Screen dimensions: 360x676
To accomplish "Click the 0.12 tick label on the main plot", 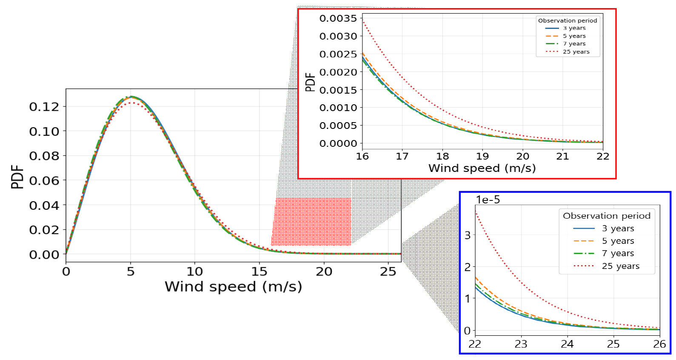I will point(44,107).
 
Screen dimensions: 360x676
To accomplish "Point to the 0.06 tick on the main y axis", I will point(44,181).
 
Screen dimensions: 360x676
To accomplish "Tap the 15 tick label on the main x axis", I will point(259,271).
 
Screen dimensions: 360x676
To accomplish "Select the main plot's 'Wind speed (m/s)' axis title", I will point(233,287).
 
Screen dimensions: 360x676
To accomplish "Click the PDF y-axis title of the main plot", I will point(17,177).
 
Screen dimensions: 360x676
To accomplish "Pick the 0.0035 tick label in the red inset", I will point(338,18).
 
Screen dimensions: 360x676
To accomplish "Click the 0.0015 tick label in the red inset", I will point(338,90).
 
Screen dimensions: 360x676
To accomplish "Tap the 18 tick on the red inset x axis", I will point(442,156).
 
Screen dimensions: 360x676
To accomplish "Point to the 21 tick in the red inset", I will point(562,156).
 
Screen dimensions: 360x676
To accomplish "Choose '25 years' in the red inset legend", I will point(576,52).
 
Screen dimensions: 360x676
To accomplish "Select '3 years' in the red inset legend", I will point(574,28).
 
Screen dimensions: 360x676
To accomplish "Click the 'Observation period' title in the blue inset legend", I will point(607,216).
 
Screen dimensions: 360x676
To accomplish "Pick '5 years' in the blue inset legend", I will point(618,241).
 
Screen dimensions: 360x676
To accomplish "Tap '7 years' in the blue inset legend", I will point(618,253).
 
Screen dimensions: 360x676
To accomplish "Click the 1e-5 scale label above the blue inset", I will point(488,200).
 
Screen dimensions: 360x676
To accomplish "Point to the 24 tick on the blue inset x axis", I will point(567,344).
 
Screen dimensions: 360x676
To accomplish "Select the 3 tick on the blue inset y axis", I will point(468,235).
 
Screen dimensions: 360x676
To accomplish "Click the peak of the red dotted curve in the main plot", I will point(133,103).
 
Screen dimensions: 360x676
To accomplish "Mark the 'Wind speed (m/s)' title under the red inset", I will point(482,169).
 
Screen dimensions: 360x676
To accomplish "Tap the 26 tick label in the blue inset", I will point(659,344).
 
